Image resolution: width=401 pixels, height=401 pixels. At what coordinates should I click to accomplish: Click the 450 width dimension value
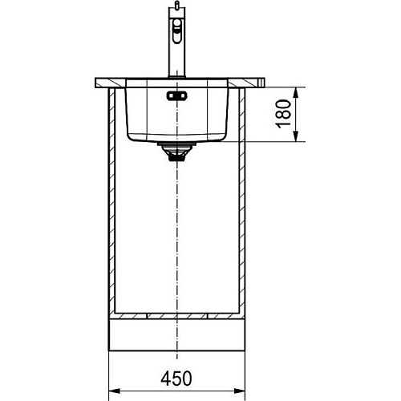176,379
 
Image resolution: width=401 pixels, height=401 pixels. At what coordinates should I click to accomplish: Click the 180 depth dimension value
283,114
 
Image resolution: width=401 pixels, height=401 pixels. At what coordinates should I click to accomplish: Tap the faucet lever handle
176,31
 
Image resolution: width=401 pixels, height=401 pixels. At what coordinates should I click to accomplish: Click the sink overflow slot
177,95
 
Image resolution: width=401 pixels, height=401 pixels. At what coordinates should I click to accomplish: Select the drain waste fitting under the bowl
177,152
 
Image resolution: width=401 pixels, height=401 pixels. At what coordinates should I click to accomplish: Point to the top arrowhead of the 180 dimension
296,93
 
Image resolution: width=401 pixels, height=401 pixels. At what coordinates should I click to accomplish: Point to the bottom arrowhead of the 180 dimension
296,136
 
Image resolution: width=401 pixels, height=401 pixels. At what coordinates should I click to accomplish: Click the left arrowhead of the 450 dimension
115,391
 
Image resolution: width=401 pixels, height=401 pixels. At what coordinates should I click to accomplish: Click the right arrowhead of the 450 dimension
239,391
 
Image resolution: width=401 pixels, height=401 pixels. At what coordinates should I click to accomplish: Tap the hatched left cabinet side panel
111,200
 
